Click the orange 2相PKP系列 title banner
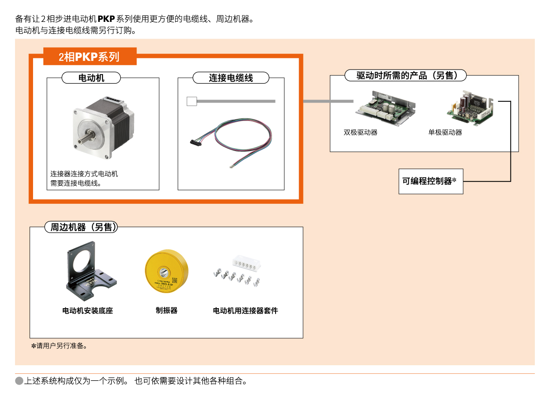coord(90,57)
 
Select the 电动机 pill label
coord(91,78)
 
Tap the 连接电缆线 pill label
coord(231,78)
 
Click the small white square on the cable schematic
coord(192,101)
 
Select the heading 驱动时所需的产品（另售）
coord(405,76)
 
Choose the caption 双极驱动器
coord(361,133)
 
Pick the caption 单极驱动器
coord(445,133)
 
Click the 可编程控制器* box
coord(431,181)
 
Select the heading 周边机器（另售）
coord(81,227)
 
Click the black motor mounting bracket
coord(90,271)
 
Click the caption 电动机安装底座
coord(88,311)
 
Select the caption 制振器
coord(167,311)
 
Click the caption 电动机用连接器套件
coord(246,311)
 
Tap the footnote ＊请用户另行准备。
coord(59,346)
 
